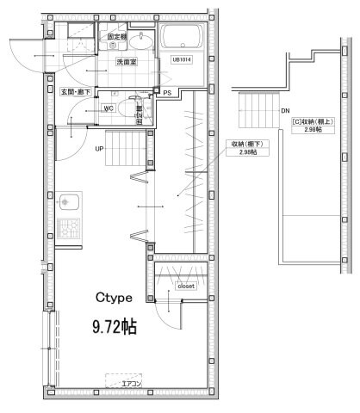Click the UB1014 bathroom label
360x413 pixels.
pyautogui.click(x=182, y=60)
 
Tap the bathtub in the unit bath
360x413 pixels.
pyautogui.click(x=182, y=37)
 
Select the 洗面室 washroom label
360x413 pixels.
pyautogui.click(x=116, y=64)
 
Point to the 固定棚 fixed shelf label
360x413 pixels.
pyautogui.click(x=115, y=37)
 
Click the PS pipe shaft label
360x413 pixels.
pyautogui.click(x=167, y=92)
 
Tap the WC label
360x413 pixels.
pyautogui.click(x=109, y=108)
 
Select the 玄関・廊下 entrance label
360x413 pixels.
pyautogui.click(x=73, y=91)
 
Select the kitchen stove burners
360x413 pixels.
pyautogui.click(x=67, y=230)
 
